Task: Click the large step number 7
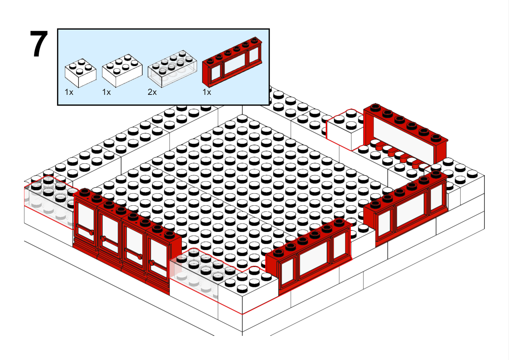click(39, 44)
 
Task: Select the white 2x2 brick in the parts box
click(80, 73)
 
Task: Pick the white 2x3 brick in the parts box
click(122, 71)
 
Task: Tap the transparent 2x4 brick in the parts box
click(172, 69)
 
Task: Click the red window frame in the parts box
click(232, 62)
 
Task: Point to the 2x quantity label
click(152, 92)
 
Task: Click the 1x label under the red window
click(207, 92)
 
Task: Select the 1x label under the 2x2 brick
click(69, 92)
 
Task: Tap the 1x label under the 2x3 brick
click(106, 92)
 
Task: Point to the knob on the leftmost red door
click(91, 233)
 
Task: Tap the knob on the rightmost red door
click(151, 263)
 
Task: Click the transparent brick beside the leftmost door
click(49, 202)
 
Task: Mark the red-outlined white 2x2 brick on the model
click(345, 129)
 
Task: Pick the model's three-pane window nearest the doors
click(309, 256)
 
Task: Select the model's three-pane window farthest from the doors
click(406, 208)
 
